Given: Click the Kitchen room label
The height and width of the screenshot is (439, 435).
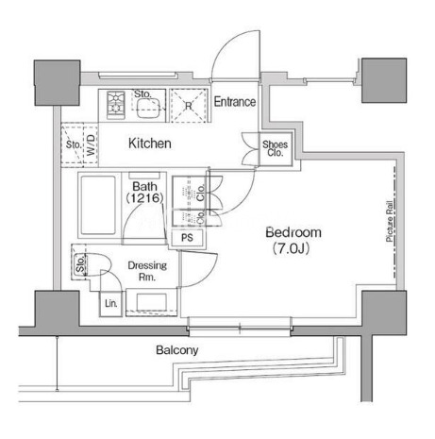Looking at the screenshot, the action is coord(150,144).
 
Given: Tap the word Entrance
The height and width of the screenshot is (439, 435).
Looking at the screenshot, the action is coord(235,102).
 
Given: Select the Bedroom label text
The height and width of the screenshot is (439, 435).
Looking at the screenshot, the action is coord(293,232).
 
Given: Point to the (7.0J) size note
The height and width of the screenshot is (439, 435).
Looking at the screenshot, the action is coord(291,248).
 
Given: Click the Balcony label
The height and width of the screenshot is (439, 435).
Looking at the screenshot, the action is coord(177,350).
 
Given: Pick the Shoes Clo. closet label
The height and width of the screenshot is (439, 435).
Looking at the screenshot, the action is coord(276,148).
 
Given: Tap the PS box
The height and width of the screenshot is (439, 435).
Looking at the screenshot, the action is coord(187,238).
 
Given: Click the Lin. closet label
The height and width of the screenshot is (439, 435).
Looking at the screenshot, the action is coord(110,303).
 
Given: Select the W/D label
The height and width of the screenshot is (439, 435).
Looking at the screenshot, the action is coord(91,145).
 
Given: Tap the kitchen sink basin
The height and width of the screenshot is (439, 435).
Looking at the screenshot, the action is coord(148,108).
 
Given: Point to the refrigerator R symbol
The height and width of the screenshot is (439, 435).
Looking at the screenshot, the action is coord(189,106).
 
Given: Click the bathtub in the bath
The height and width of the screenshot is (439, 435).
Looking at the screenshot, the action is coord(98,205).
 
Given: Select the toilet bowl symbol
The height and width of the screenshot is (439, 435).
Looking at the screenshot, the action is coord(97,264).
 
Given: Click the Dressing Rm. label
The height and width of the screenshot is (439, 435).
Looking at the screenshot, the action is coord(147,271).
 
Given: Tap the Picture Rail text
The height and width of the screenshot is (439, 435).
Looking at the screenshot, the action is coord(390,221).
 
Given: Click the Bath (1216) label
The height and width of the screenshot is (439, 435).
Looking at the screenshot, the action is coord(144,192).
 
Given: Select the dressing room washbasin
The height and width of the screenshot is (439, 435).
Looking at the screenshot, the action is coord(151,301).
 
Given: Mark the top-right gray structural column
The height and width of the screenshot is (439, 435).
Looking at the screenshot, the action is coord(384,80).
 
